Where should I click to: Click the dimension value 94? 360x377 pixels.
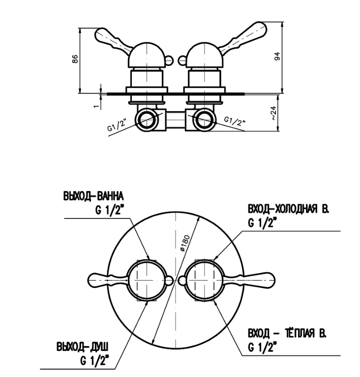[x=277, y=57]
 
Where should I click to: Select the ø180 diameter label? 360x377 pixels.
[x=185, y=243]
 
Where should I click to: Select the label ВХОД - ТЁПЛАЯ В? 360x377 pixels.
[x=287, y=334]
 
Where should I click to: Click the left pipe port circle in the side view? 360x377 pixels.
[x=146, y=119]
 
